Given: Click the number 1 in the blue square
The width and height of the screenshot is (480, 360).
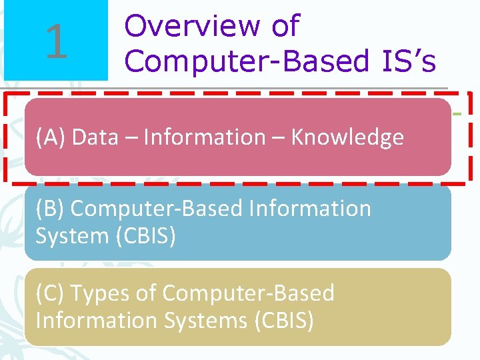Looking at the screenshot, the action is pyautogui.click(x=57, y=41).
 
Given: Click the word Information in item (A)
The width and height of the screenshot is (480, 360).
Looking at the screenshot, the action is pyautogui.click(x=205, y=137).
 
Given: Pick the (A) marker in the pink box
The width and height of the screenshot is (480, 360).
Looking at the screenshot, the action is pyautogui.click(x=51, y=137).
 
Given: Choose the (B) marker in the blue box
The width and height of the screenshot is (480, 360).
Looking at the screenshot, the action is pyautogui.click(x=51, y=208).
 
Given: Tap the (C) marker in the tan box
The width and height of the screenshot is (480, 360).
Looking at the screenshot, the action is pyautogui.click(x=51, y=293).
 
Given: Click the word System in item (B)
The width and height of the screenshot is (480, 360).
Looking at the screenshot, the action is pyautogui.click(x=71, y=236).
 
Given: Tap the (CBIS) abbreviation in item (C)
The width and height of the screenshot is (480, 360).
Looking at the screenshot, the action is pyautogui.click(x=284, y=321).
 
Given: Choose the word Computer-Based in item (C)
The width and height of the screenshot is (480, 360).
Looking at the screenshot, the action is pyautogui.click(x=248, y=293).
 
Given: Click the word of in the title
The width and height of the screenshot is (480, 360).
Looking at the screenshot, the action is pyautogui.click(x=285, y=26).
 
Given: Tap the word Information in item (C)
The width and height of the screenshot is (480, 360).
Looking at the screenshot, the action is pyautogui.click(x=95, y=321).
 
